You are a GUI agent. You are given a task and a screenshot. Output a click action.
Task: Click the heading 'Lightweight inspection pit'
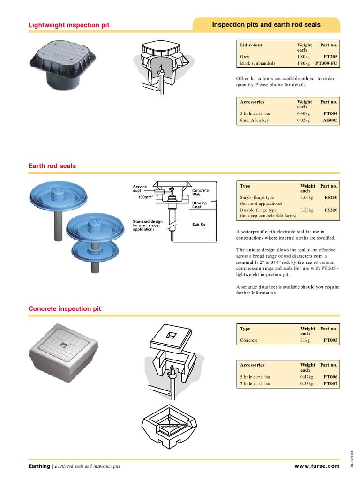click(69, 25)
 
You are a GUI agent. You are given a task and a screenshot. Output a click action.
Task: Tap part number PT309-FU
click(326, 63)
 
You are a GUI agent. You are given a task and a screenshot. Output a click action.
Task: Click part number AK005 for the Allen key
click(330, 120)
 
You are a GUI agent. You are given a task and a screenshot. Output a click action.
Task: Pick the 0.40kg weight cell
click(303, 113)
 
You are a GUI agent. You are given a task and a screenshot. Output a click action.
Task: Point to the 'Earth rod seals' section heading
click(52, 166)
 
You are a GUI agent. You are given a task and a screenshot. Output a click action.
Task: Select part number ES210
click(330, 198)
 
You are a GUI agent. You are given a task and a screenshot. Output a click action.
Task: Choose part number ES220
click(330, 210)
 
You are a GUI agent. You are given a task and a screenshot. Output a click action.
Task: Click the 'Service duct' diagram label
click(140, 189)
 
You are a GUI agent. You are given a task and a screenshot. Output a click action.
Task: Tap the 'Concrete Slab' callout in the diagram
click(200, 193)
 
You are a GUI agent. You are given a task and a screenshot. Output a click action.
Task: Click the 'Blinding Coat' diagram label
click(200, 205)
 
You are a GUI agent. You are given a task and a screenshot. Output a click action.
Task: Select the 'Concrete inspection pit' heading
click(65, 309)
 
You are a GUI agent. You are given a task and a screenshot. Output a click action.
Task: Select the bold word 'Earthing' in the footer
click(39, 466)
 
